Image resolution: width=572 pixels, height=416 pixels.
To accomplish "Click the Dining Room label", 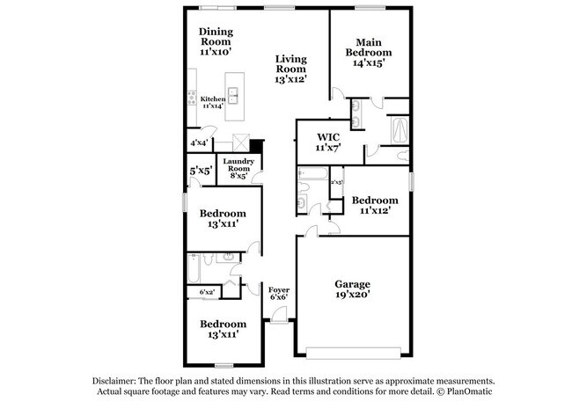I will click(215, 37).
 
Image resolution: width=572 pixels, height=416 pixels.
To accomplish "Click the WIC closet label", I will click(326, 137).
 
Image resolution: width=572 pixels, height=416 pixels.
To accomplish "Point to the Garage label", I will click(352, 283).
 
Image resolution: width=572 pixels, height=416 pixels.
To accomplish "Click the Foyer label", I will click(278, 288).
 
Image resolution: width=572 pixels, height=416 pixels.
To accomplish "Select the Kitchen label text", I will click(213, 99).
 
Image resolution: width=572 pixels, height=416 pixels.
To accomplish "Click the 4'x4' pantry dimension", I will click(199, 142).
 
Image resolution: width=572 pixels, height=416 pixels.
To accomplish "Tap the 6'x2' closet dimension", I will click(207, 291).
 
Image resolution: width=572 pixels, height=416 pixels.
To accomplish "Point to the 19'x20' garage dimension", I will click(352, 296).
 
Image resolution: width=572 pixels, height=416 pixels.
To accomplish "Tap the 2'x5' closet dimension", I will click(336, 182).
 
